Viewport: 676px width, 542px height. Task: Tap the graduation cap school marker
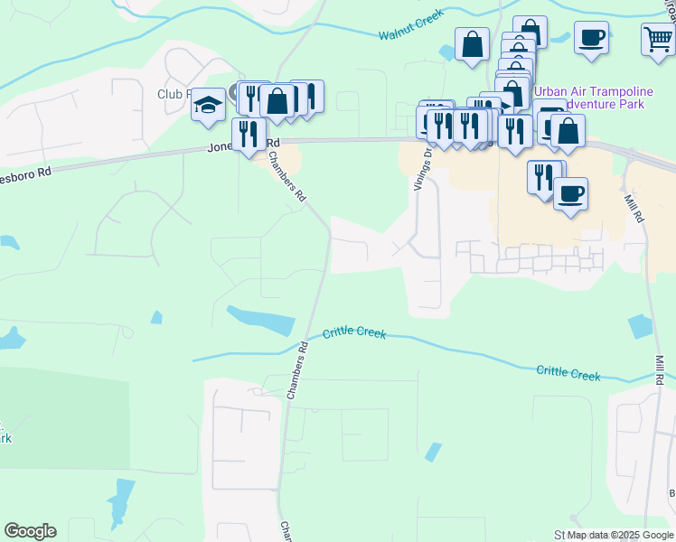[x=208, y=105]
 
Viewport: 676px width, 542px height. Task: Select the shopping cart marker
[x=659, y=39]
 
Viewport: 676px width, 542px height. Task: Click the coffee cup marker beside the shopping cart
[x=591, y=38]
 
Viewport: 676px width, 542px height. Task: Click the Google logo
[x=30, y=530]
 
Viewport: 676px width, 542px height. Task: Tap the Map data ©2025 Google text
[x=620, y=535]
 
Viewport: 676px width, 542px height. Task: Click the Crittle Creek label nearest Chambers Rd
[x=355, y=332]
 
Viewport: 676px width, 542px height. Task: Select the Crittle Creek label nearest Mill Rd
[x=568, y=372]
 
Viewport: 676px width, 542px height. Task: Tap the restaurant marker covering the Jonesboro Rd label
[x=249, y=134]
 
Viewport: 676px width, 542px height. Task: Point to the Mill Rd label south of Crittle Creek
[x=660, y=368]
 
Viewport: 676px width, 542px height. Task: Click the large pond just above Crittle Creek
[x=262, y=319]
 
